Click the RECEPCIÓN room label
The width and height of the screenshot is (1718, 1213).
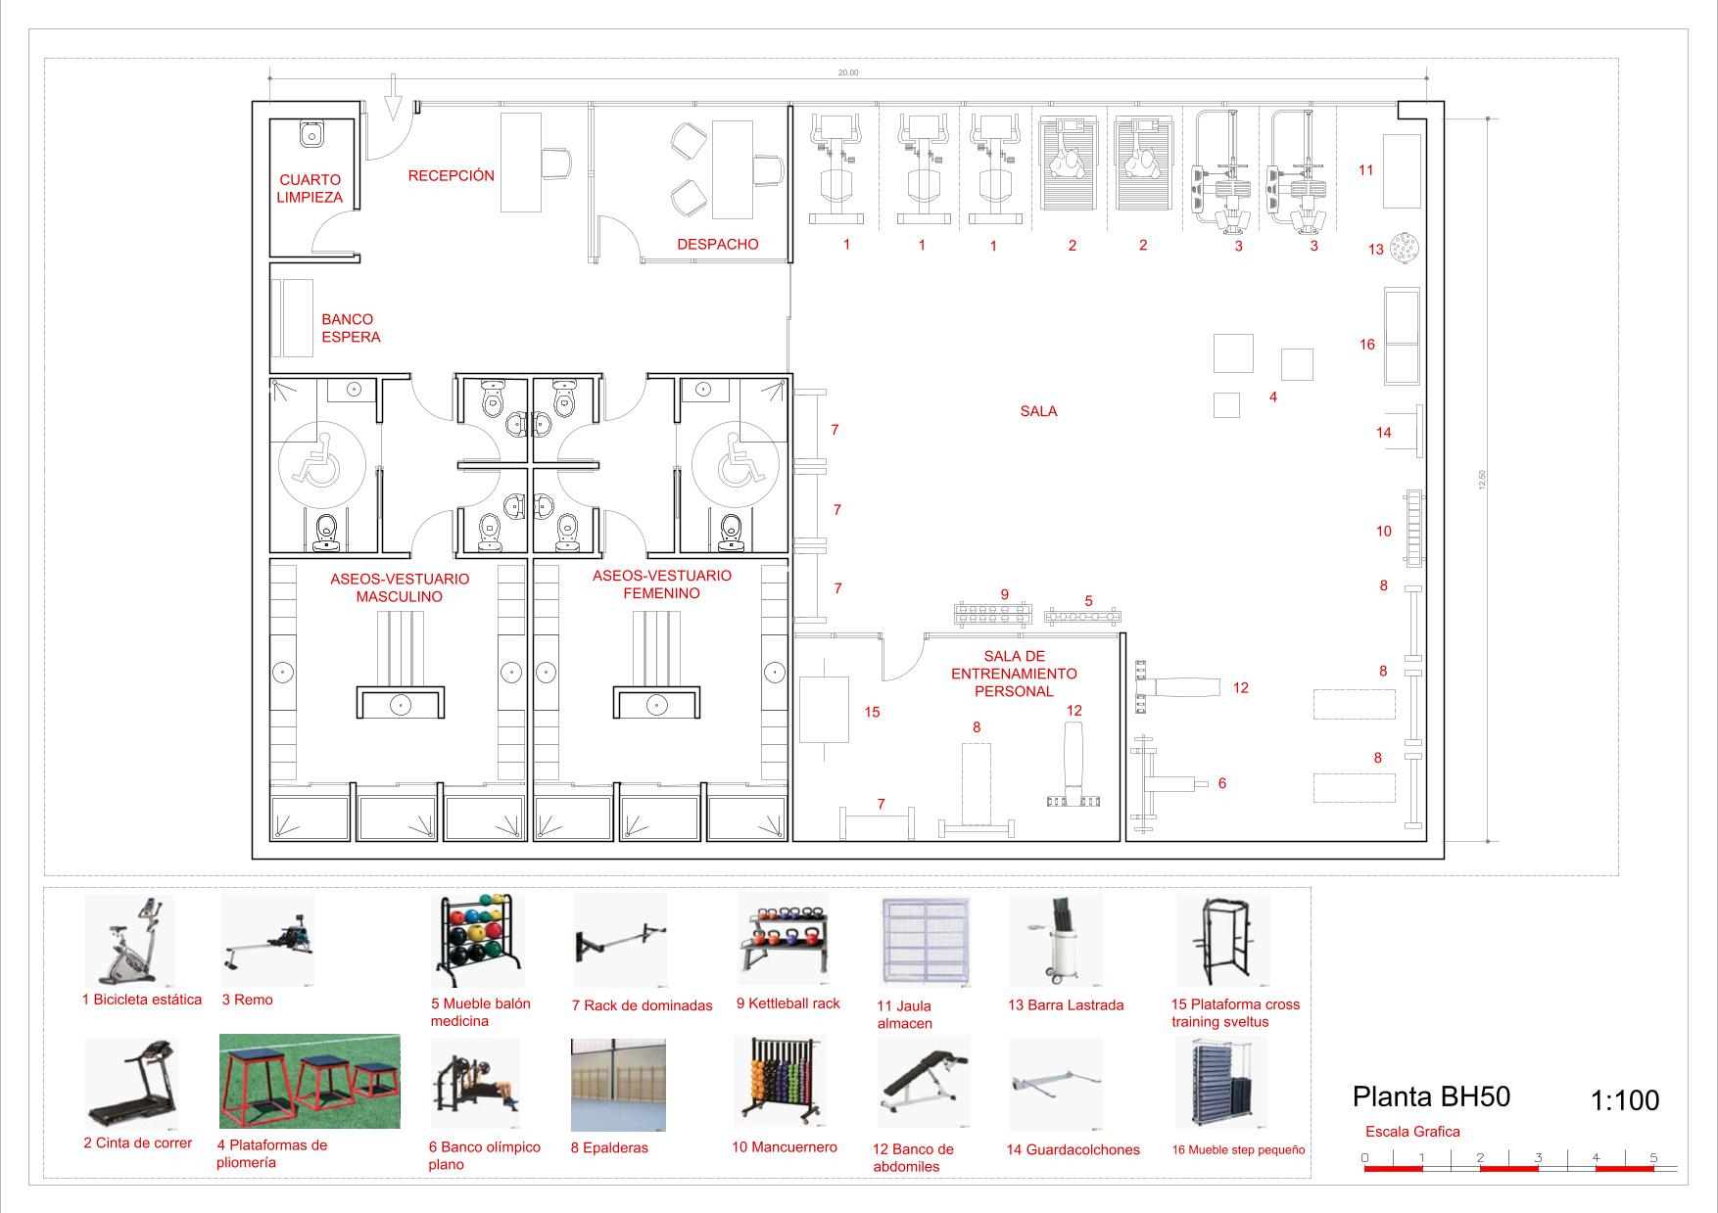(x=452, y=176)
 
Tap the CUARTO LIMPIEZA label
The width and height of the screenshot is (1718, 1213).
(x=310, y=189)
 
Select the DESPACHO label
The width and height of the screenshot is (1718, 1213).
(x=718, y=245)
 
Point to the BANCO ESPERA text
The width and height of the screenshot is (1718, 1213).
(x=351, y=328)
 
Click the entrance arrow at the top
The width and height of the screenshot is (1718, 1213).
(x=393, y=98)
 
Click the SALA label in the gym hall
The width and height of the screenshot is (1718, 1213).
(x=1038, y=411)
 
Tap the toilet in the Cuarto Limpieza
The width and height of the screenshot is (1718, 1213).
(x=312, y=133)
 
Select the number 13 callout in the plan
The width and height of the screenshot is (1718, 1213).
(x=1376, y=250)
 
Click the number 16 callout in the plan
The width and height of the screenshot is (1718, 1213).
(x=1367, y=345)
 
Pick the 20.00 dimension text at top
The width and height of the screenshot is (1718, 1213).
(x=848, y=72)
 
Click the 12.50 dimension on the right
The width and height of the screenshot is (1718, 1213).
(x=1482, y=480)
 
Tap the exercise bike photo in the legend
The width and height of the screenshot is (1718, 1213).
(x=130, y=940)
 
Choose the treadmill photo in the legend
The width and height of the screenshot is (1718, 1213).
(x=130, y=1084)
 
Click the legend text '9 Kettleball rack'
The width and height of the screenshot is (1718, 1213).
(x=788, y=1003)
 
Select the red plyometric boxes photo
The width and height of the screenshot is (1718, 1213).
(x=310, y=1082)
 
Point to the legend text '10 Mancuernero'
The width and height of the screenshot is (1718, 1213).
(x=785, y=1147)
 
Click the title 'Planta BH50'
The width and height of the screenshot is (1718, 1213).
(x=1431, y=1096)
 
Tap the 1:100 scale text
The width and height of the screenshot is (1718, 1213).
(x=1625, y=1101)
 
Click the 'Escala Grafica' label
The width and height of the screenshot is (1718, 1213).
(x=1412, y=1132)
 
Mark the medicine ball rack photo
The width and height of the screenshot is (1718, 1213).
(x=478, y=941)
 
